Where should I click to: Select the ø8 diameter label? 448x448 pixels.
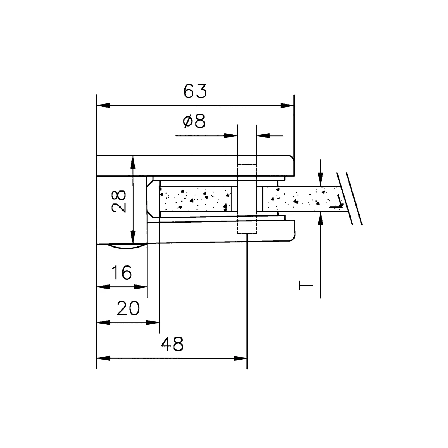click(x=195, y=122)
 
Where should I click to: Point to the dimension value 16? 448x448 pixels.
click(x=122, y=273)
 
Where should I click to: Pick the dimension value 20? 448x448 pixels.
click(x=128, y=308)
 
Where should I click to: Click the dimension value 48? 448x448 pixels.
click(x=172, y=344)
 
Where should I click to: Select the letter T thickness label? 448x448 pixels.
click(x=305, y=286)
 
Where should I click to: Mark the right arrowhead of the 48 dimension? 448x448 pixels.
click(x=241, y=358)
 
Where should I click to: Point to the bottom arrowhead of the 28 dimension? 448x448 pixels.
click(x=133, y=237)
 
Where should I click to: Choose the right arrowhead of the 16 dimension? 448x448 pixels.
click(x=141, y=287)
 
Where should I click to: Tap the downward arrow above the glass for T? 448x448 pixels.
click(x=321, y=180)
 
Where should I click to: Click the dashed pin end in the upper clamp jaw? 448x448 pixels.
click(x=247, y=170)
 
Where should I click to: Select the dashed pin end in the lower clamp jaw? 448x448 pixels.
click(x=247, y=227)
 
